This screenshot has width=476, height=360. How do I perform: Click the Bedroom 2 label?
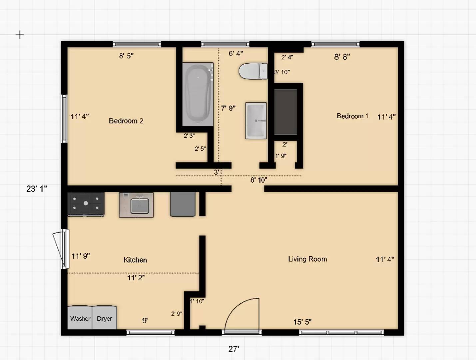pyautogui.click(x=126, y=121)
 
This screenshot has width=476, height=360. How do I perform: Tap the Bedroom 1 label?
pyautogui.click(x=353, y=116)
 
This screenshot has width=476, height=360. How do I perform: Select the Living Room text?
pyautogui.click(x=307, y=259)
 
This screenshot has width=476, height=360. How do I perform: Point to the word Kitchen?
pyautogui.click(x=135, y=260)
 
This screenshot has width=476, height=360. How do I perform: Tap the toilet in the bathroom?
pyautogui.click(x=253, y=71)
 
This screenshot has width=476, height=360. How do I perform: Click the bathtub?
pyautogui.click(x=198, y=94)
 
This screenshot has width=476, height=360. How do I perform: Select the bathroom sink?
pyautogui.click(x=256, y=121)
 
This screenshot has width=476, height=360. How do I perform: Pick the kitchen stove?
pyautogui.click(x=86, y=204)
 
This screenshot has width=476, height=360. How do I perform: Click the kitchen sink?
pyautogui.click(x=136, y=205)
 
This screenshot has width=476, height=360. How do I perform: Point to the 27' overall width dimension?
pyautogui.click(x=234, y=349)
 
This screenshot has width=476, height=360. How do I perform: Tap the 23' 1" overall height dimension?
pyautogui.click(x=37, y=189)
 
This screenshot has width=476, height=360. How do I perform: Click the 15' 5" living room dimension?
pyautogui.click(x=302, y=322)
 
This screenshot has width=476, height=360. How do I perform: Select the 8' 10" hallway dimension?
pyautogui.click(x=259, y=180)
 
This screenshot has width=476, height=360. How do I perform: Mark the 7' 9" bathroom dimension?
pyautogui.click(x=229, y=108)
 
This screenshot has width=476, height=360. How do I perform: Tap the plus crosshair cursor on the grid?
pyautogui.click(x=20, y=35)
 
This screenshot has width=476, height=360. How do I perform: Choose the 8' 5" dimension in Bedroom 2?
pyautogui.click(x=126, y=56)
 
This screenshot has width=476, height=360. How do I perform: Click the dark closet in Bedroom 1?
pyautogui.click(x=285, y=112)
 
